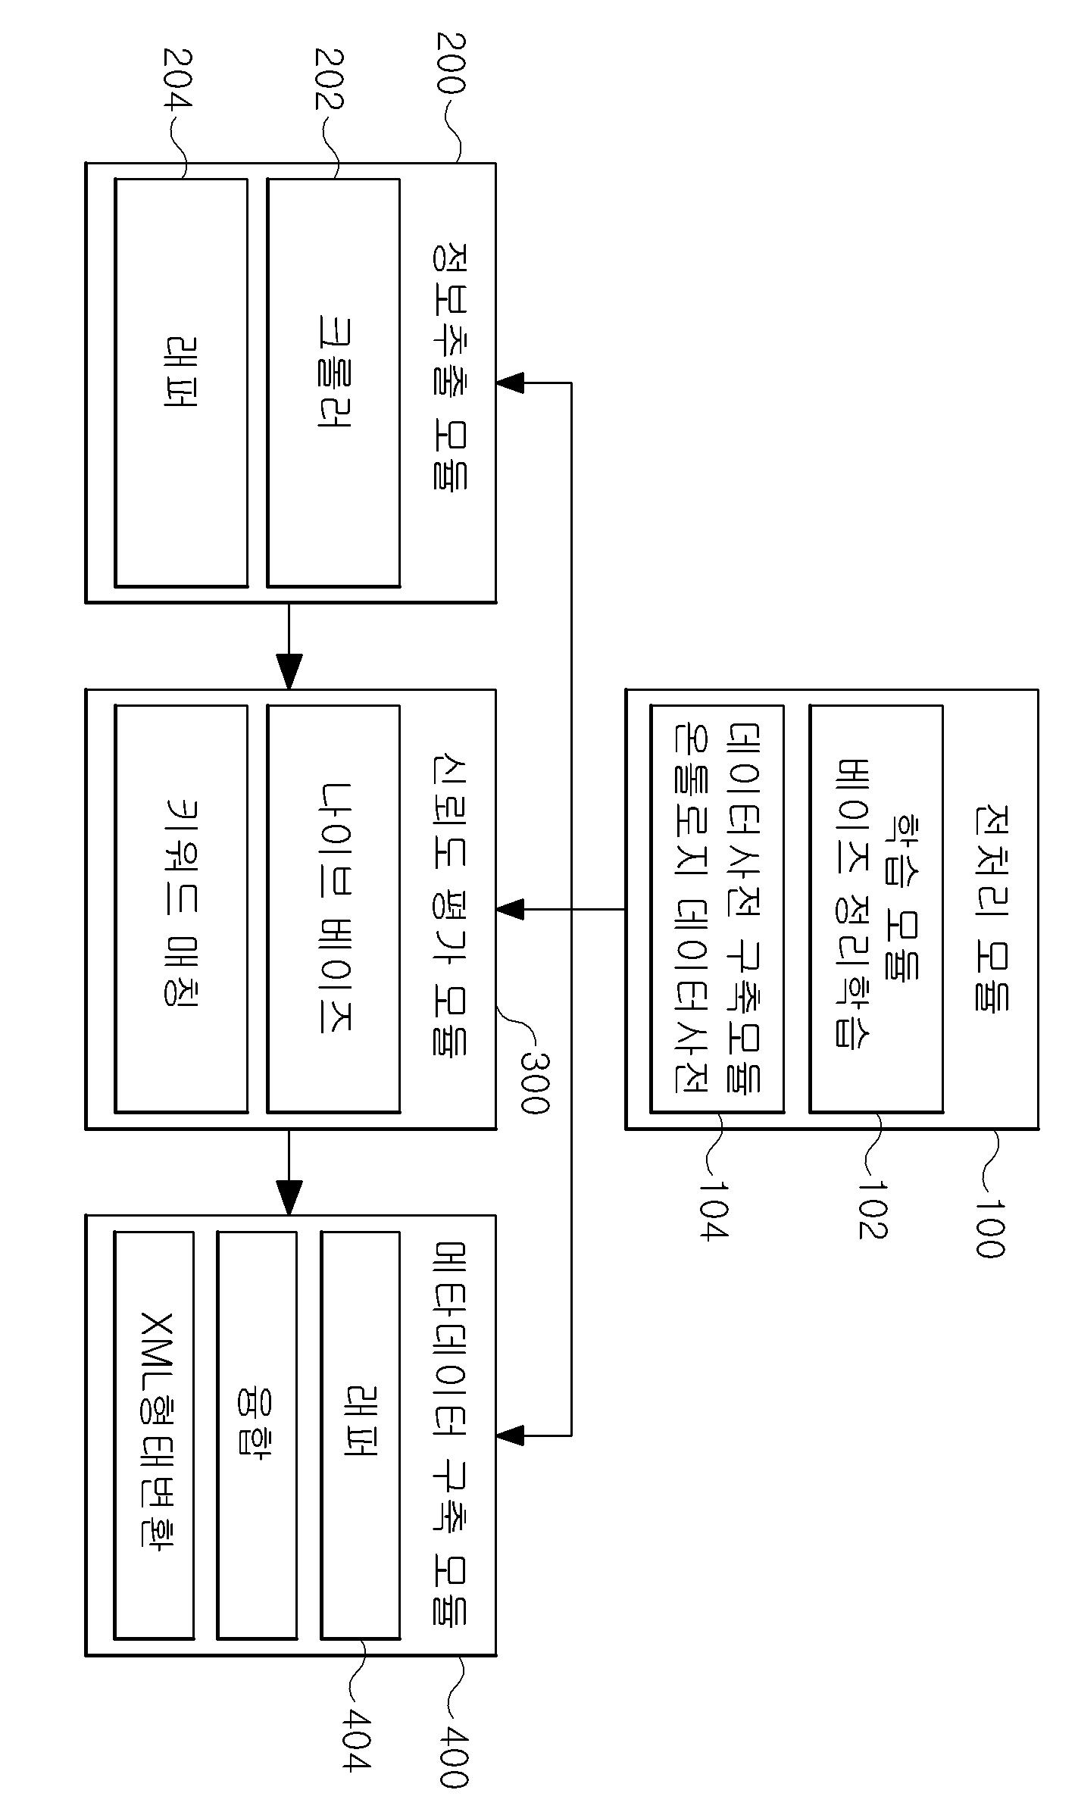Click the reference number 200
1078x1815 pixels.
tap(450, 63)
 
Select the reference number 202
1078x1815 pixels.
tap(329, 79)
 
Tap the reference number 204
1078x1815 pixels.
tap(177, 79)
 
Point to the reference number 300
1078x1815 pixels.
tap(533, 1083)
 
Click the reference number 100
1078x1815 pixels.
tap(989, 1228)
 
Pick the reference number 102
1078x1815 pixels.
tap(873, 1209)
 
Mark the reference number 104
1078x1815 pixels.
tap(713, 1209)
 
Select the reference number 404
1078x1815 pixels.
tap(356, 1753)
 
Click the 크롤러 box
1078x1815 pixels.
tap(333, 383)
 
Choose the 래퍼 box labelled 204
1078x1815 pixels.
tap(181, 383)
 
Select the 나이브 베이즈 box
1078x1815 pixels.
tap(333, 909)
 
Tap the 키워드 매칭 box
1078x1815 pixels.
tap(181, 909)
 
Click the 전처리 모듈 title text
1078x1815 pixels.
tap(989, 908)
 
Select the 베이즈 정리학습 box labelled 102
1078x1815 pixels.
tap(876, 909)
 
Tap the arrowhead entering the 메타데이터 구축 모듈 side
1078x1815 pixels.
tap(510, 1434)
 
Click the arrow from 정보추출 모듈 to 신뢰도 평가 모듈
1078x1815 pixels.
tap(289, 645)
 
